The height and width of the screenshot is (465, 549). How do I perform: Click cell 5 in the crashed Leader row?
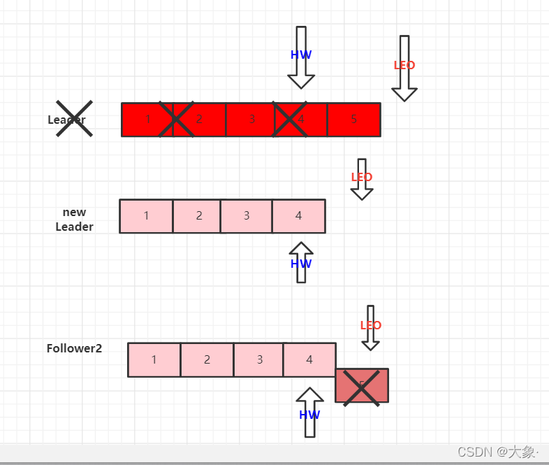(x=354, y=120)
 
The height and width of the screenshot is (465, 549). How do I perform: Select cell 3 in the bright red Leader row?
(x=251, y=120)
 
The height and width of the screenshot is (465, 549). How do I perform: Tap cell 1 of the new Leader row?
(x=146, y=216)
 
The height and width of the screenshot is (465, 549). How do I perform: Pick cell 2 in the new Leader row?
(x=198, y=216)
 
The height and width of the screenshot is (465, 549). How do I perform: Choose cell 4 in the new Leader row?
(x=298, y=216)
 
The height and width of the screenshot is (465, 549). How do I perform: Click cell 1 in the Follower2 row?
(x=154, y=359)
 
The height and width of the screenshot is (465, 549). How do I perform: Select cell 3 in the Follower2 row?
(x=259, y=359)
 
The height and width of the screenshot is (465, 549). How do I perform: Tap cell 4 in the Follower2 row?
(x=309, y=359)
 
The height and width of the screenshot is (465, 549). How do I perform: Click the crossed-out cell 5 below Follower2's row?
(x=362, y=385)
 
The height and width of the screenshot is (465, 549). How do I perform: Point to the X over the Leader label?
(x=74, y=119)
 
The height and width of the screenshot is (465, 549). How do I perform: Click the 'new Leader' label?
(x=74, y=219)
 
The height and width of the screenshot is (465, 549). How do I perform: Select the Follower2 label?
(x=74, y=348)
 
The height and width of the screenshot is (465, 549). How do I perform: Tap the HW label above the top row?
(x=301, y=55)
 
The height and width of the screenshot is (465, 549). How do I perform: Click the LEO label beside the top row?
(x=404, y=65)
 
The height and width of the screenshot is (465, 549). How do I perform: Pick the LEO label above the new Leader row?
(x=362, y=177)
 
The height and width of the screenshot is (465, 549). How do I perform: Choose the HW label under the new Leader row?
(x=301, y=264)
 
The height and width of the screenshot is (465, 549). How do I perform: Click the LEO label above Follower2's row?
(x=371, y=325)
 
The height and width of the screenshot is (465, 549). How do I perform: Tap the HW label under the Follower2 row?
(x=309, y=415)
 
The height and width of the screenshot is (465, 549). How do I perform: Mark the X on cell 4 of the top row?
(x=291, y=120)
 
